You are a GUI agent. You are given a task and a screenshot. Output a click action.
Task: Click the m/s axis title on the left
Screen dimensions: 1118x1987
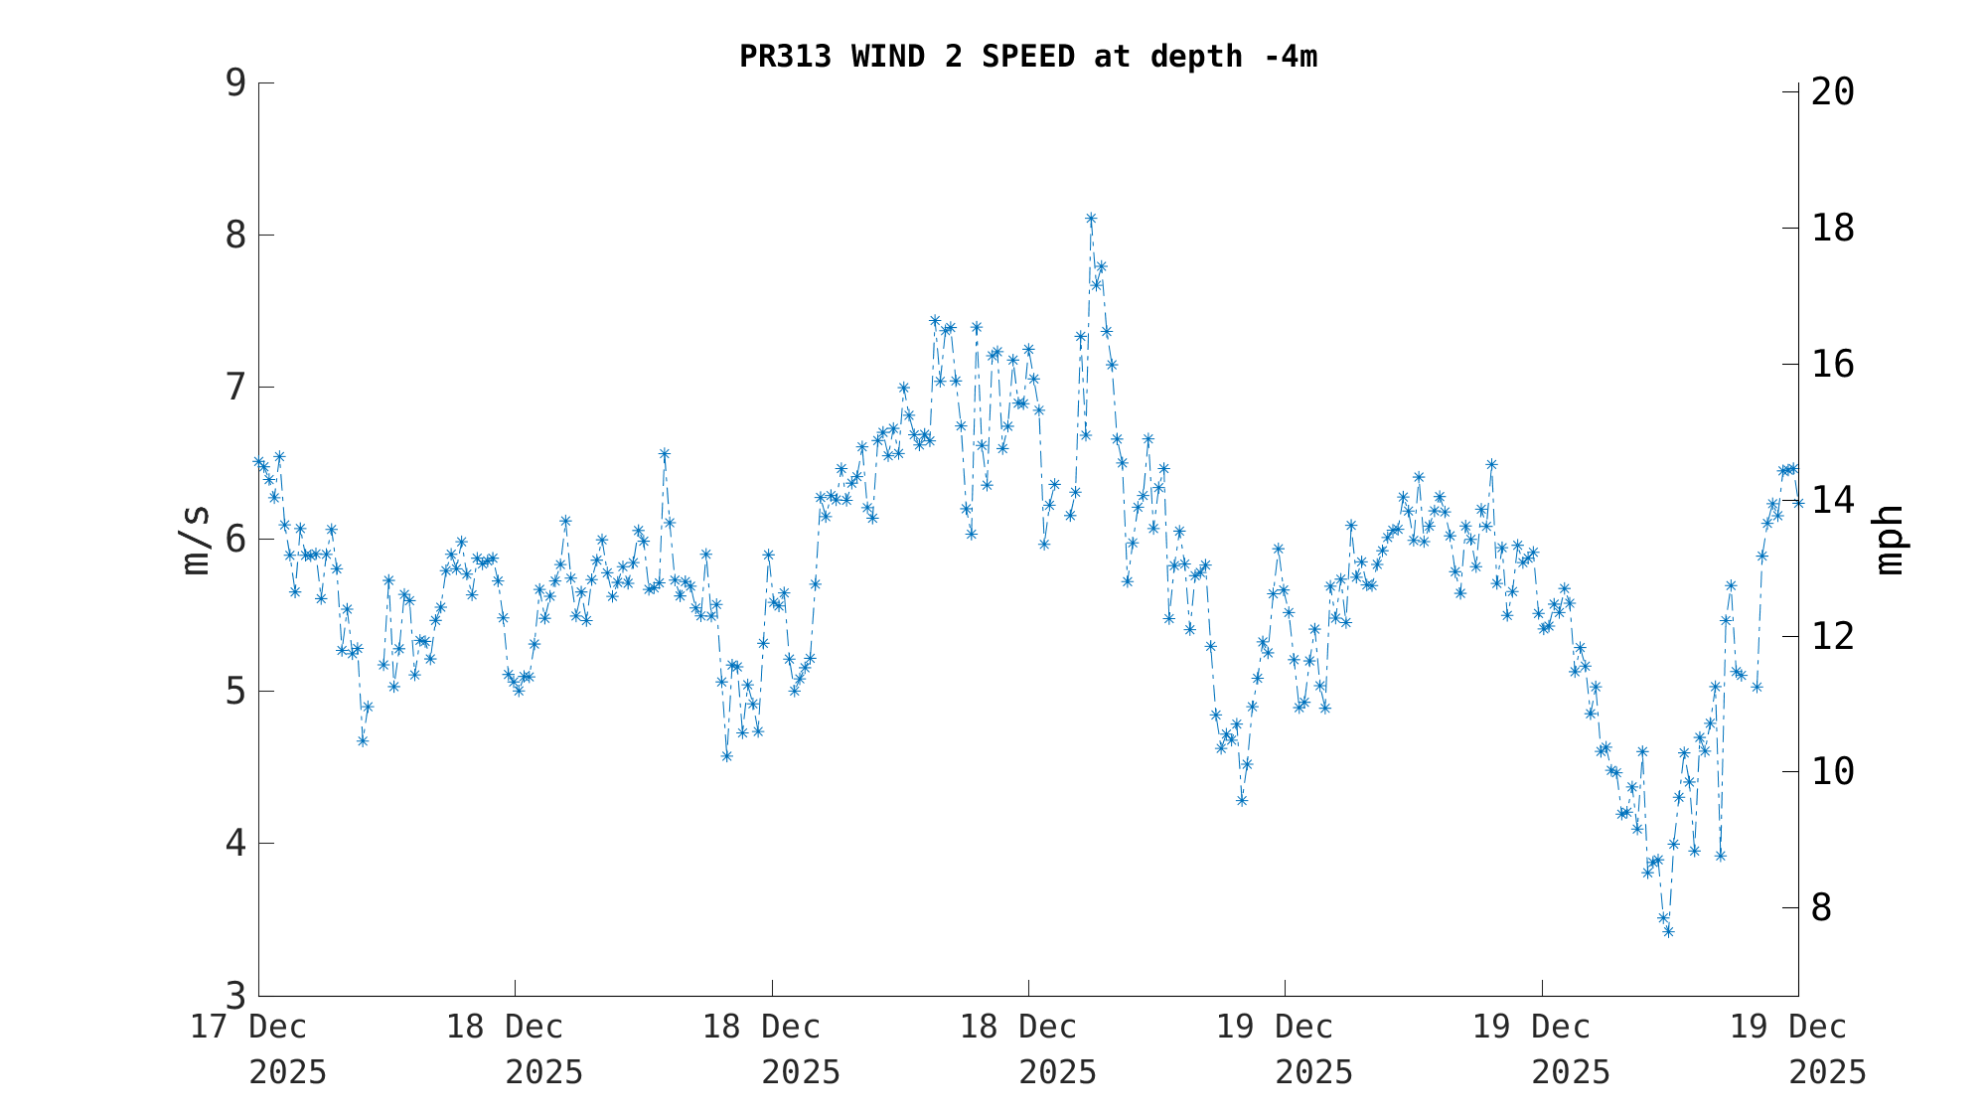click(x=196, y=540)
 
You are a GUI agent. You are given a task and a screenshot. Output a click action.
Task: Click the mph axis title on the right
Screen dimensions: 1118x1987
click(x=1889, y=540)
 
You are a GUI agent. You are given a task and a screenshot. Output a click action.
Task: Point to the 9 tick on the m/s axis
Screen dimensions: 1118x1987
click(x=235, y=83)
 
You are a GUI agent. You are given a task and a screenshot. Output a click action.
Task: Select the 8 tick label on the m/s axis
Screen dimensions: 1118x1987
click(x=235, y=236)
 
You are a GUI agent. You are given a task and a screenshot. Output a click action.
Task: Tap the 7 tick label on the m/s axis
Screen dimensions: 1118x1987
click(x=235, y=388)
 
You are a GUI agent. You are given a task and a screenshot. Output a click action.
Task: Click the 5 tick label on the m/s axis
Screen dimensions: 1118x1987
click(x=235, y=692)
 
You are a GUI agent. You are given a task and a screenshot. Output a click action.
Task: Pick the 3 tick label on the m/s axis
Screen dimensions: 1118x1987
click(x=235, y=995)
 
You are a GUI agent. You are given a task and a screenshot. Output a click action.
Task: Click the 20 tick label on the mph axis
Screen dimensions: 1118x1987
click(x=1833, y=92)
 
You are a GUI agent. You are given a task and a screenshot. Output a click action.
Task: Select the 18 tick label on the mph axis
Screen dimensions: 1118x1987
click(x=1833, y=229)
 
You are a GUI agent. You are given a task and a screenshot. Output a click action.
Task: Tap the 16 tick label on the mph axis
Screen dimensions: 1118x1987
click(x=1833, y=365)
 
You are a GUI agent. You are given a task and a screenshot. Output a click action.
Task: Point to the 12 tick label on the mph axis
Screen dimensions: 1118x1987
click(x=1833, y=637)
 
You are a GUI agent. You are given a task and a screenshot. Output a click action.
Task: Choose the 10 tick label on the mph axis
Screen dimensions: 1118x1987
click(x=1833, y=772)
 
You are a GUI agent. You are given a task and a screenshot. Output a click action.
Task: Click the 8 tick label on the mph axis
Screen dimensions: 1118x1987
click(x=1821, y=908)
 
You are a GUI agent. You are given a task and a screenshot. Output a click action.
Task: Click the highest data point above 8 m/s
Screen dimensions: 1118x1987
click(x=1091, y=219)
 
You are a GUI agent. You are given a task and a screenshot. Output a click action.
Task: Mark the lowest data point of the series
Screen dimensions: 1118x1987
click(x=1668, y=931)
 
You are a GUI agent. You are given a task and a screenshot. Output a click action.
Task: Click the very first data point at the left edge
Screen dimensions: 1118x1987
click(x=258, y=462)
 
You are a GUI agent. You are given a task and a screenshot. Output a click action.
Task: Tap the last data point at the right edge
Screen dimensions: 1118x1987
click(x=1798, y=503)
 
